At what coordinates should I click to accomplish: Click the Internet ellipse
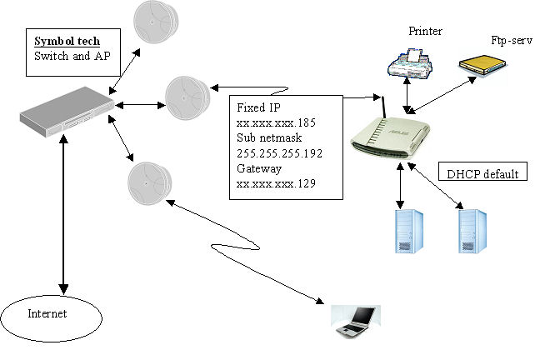(52, 314)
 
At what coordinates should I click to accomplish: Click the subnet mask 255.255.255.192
(279, 153)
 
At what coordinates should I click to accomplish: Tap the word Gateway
(260, 167)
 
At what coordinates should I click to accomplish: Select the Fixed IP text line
(257, 108)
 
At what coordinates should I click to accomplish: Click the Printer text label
(425, 32)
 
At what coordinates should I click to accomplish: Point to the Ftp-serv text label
(508, 39)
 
